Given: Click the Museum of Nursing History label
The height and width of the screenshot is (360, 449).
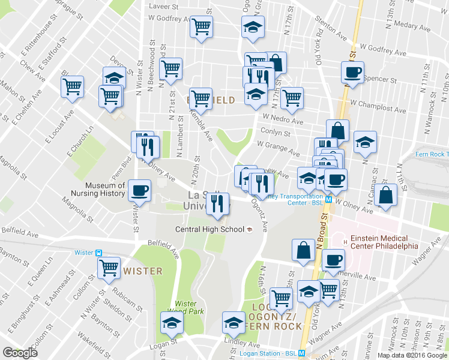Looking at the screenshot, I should point(105,190).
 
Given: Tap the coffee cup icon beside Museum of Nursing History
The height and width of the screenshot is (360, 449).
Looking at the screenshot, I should point(140,190).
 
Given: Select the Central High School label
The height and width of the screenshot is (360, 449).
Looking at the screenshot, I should point(209,229).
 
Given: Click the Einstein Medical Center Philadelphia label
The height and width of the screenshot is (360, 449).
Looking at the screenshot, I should point(380,241).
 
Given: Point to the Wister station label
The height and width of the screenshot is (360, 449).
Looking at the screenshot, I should point(83,253).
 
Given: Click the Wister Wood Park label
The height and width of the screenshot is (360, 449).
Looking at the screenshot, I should point(189,307).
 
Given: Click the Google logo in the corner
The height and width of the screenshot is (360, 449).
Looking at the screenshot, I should point(20,353).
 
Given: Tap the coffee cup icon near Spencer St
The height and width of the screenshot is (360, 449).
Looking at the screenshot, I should point(352,73).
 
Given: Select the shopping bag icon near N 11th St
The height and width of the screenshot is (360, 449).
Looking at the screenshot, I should point(385,196).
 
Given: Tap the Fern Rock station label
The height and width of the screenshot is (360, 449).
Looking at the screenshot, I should point(432,154).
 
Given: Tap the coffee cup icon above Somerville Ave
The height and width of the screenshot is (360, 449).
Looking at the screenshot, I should point(333,260).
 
